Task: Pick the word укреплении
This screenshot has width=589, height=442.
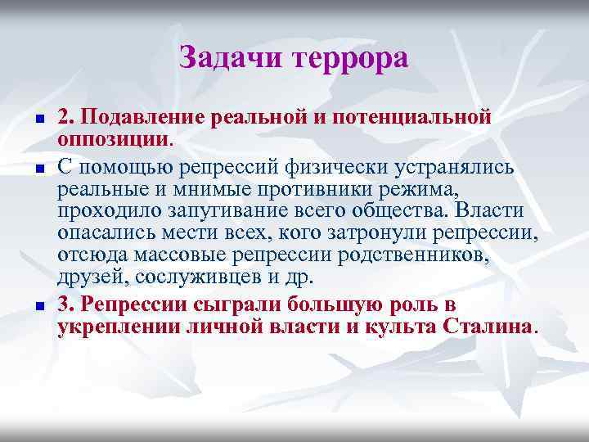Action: [x=119, y=327]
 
